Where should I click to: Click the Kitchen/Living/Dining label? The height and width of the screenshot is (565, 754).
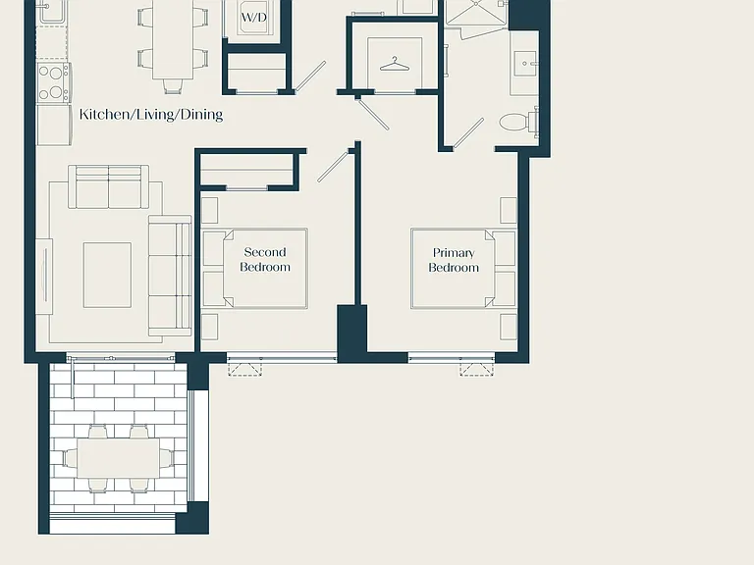(151, 115)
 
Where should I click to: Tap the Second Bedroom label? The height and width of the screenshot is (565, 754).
(265, 259)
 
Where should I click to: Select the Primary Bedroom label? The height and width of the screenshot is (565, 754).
(454, 260)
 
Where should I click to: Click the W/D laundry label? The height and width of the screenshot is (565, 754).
(254, 18)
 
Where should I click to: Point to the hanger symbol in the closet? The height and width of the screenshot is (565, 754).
(395, 65)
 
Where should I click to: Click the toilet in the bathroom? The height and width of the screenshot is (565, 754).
(518, 122)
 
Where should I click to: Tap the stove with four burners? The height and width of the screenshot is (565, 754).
(53, 82)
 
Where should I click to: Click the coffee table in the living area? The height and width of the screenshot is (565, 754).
(107, 275)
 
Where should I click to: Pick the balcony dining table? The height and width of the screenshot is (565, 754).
(118, 458)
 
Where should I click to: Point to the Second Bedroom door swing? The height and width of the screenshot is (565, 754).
(333, 166)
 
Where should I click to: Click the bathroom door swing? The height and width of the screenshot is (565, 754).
(468, 133)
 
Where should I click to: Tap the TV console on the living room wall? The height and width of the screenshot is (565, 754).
(44, 277)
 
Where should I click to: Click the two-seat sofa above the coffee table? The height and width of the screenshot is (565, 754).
(109, 186)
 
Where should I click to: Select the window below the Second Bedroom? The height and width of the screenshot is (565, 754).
(282, 357)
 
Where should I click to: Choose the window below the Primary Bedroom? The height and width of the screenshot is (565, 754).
(452, 357)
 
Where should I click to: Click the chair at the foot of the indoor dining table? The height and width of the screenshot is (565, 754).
(173, 86)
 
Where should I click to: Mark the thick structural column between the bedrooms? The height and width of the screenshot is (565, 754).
(352, 333)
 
